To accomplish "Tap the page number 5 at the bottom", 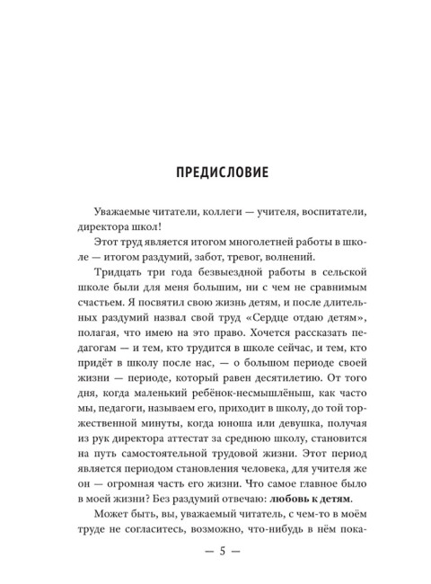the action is (x=215, y=550).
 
